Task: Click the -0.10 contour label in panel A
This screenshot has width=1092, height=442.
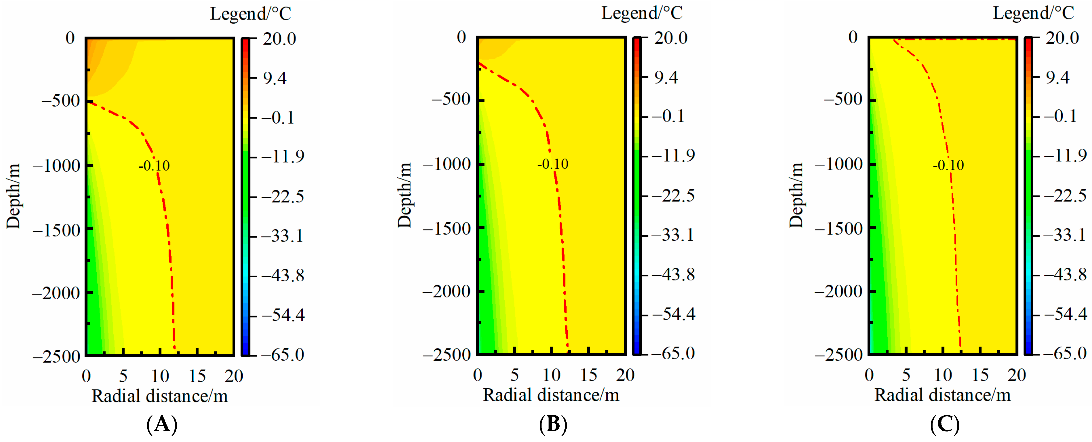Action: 154,165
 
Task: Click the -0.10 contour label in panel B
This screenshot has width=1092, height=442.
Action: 553,164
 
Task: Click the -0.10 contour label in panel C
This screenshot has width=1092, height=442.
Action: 948,165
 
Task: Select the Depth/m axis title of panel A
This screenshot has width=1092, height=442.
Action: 13,196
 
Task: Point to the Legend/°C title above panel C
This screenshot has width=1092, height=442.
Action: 1034,13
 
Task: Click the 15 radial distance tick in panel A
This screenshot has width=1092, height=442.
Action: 197,376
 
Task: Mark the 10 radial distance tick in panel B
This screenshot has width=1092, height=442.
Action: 552,375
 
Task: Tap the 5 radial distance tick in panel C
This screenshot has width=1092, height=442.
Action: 906,375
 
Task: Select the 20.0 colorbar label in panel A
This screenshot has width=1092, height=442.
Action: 279,39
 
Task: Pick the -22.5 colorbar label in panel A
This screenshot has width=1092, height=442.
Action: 282,197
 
